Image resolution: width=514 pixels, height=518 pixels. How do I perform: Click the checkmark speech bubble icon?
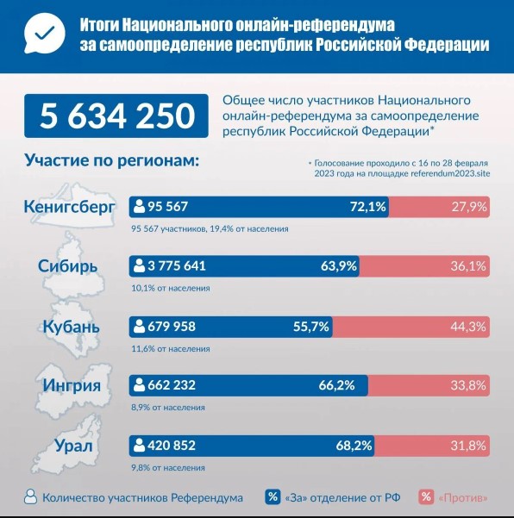44,34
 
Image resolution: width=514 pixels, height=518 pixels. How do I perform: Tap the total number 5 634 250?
117,116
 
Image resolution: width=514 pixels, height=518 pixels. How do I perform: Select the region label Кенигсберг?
69,207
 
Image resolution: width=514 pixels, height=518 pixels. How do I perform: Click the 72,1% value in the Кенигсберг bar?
368,207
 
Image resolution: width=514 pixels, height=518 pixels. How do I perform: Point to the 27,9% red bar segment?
439,207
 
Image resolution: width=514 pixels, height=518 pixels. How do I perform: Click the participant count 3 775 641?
177,266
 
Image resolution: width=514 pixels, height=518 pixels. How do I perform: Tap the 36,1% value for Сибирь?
468,266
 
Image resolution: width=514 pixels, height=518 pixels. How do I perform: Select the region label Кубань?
71,327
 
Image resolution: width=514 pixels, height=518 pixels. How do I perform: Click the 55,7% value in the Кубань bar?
311,327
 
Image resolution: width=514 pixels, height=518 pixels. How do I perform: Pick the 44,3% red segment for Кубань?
411,327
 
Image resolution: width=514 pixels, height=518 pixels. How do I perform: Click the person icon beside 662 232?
139,385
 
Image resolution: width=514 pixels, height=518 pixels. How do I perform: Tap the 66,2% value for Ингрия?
337,385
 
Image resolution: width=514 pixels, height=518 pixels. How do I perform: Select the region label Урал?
73,446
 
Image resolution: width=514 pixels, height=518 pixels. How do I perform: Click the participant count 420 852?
172,446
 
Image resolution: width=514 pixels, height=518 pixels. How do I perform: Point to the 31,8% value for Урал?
468,446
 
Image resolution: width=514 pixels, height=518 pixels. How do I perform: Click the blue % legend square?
273,497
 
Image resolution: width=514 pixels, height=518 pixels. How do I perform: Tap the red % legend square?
426,497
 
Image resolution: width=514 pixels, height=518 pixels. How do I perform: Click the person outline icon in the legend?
30,496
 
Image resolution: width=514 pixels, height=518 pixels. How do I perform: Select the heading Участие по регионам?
112,161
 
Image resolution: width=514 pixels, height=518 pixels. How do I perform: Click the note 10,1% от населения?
171,288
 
